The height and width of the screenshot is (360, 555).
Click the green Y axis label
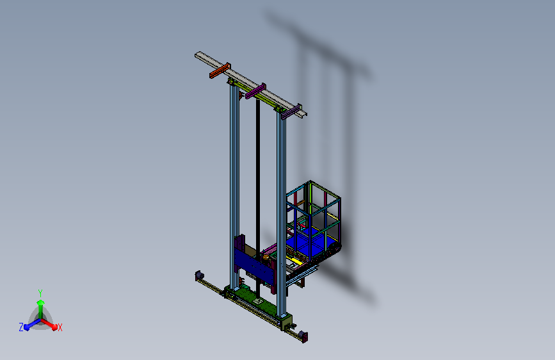pyautogui.click(x=40, y=293)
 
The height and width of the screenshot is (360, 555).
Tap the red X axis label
pyautogui.click(x=60, y=328)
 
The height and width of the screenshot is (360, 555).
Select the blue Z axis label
pyautogui.click(x=21, y=327)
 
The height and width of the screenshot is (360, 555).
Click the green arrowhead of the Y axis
pyautogui.click(x=41, y=302)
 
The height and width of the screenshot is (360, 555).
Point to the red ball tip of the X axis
pyautogui.click(x=54, y=327)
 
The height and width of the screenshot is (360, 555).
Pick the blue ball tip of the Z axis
pyautogui.click(x=27, y=327)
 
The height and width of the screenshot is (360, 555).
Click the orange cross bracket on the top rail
pyautogui.click(x=220, y=70)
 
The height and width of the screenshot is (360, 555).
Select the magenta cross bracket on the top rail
pyautogui.click(x=255, y=91)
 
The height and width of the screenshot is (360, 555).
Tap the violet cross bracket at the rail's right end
pyautogui.click(x=292, y=111)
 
